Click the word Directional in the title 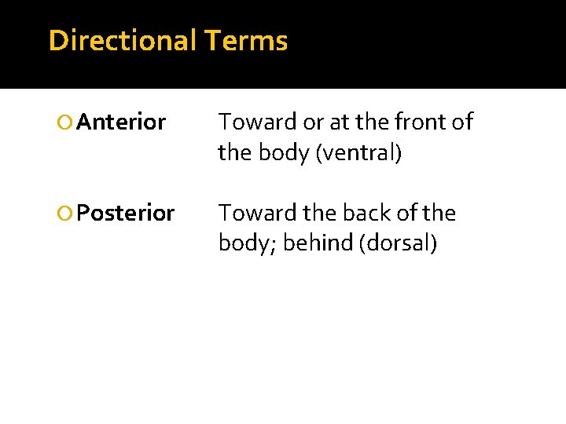[x=120, y=40]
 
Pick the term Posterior [x=127, y=214]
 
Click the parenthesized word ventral [x=358, y=153]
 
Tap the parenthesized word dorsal [x=397, y=244]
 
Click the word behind [x=318, y=244]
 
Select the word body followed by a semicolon [x=246, y=244]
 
